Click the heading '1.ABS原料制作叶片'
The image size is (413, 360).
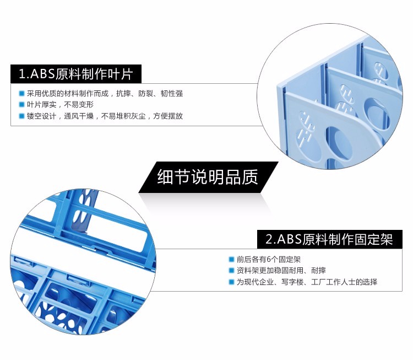(x=76, y=73)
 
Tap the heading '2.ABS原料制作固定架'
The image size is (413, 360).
(x=329, y=239)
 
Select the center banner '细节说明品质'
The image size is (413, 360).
(x=208, y=177)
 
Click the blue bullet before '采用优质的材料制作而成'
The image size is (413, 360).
(x=21, y=93)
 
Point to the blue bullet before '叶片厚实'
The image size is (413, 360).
(x=21, y=105)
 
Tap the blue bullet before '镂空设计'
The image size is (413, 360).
(x=21, y=116)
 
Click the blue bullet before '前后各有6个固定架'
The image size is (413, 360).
(x=231, y=259)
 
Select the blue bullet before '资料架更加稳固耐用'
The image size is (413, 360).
(x=231, y=271)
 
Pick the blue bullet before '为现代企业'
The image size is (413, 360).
(x=231, y=282)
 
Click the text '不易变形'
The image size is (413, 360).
(x=79, y=105)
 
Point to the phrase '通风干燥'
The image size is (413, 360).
(x=79, y=116)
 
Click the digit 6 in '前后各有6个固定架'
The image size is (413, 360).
(x=269, y=260)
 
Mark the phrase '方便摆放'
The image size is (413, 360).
(x=168, y=116)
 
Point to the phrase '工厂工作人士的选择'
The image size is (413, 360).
(x=344, y=282)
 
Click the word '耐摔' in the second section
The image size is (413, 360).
(x=318, y=271)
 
